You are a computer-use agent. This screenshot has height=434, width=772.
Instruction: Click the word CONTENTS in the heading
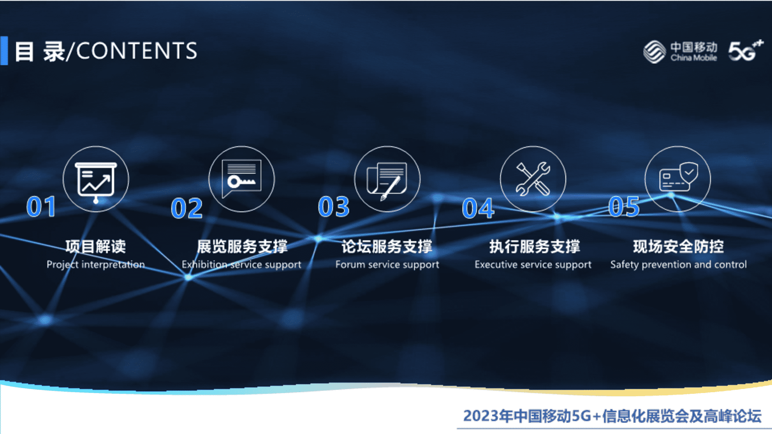tap(136, 51)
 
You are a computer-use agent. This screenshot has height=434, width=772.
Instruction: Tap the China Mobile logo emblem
tap(654, 52)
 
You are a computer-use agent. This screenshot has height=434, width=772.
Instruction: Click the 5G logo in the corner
tap(745, 51)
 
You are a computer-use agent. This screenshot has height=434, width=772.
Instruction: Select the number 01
tap(41, 207)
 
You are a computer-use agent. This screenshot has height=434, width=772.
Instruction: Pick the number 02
tap(187, 208)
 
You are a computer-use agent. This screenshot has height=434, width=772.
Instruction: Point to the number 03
tap(333, 207)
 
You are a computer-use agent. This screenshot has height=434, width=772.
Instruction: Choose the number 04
tap(478, 208)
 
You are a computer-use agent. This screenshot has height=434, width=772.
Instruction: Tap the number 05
tap(624, 207)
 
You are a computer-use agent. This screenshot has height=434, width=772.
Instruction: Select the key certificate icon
tap(242, 178)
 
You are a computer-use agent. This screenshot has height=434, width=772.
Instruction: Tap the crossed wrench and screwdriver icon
tap(533, 179)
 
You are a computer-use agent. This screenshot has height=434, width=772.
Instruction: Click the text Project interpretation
tap(96, 264)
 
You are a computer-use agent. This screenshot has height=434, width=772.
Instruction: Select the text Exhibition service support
tap(241, 264)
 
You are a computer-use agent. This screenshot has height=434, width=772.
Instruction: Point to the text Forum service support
tap(387, 264)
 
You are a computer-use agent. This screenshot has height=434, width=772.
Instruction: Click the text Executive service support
tap(533, 264)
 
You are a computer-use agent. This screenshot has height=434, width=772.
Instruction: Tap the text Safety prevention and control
tap(678, 264)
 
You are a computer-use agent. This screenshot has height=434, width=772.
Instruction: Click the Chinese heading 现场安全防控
tap(678, 246)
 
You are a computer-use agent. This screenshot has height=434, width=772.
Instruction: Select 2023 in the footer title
tap(480, 416)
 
